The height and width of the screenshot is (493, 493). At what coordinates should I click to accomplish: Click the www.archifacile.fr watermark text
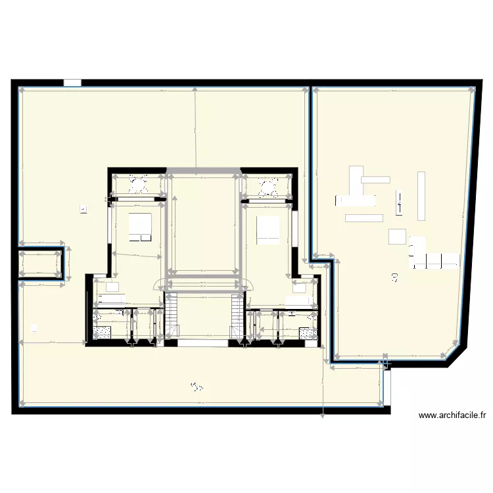452,415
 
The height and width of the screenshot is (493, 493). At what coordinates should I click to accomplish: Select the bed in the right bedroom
268,230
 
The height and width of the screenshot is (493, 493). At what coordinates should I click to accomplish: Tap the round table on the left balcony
138,187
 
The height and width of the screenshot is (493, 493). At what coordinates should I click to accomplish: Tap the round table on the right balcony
269,188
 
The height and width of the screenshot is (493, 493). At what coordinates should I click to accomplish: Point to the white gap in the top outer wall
72,83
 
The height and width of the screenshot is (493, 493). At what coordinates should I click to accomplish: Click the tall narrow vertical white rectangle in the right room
421,195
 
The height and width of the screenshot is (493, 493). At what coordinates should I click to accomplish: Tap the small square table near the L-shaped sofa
396,236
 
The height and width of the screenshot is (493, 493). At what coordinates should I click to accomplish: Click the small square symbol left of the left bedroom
83,210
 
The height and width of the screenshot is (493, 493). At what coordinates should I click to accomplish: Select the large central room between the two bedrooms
203,223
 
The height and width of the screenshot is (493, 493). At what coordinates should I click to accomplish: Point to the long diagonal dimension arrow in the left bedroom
137,255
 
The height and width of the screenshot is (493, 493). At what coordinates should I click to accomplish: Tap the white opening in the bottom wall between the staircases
204,342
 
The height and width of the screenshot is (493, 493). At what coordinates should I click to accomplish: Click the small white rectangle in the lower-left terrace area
34,327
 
